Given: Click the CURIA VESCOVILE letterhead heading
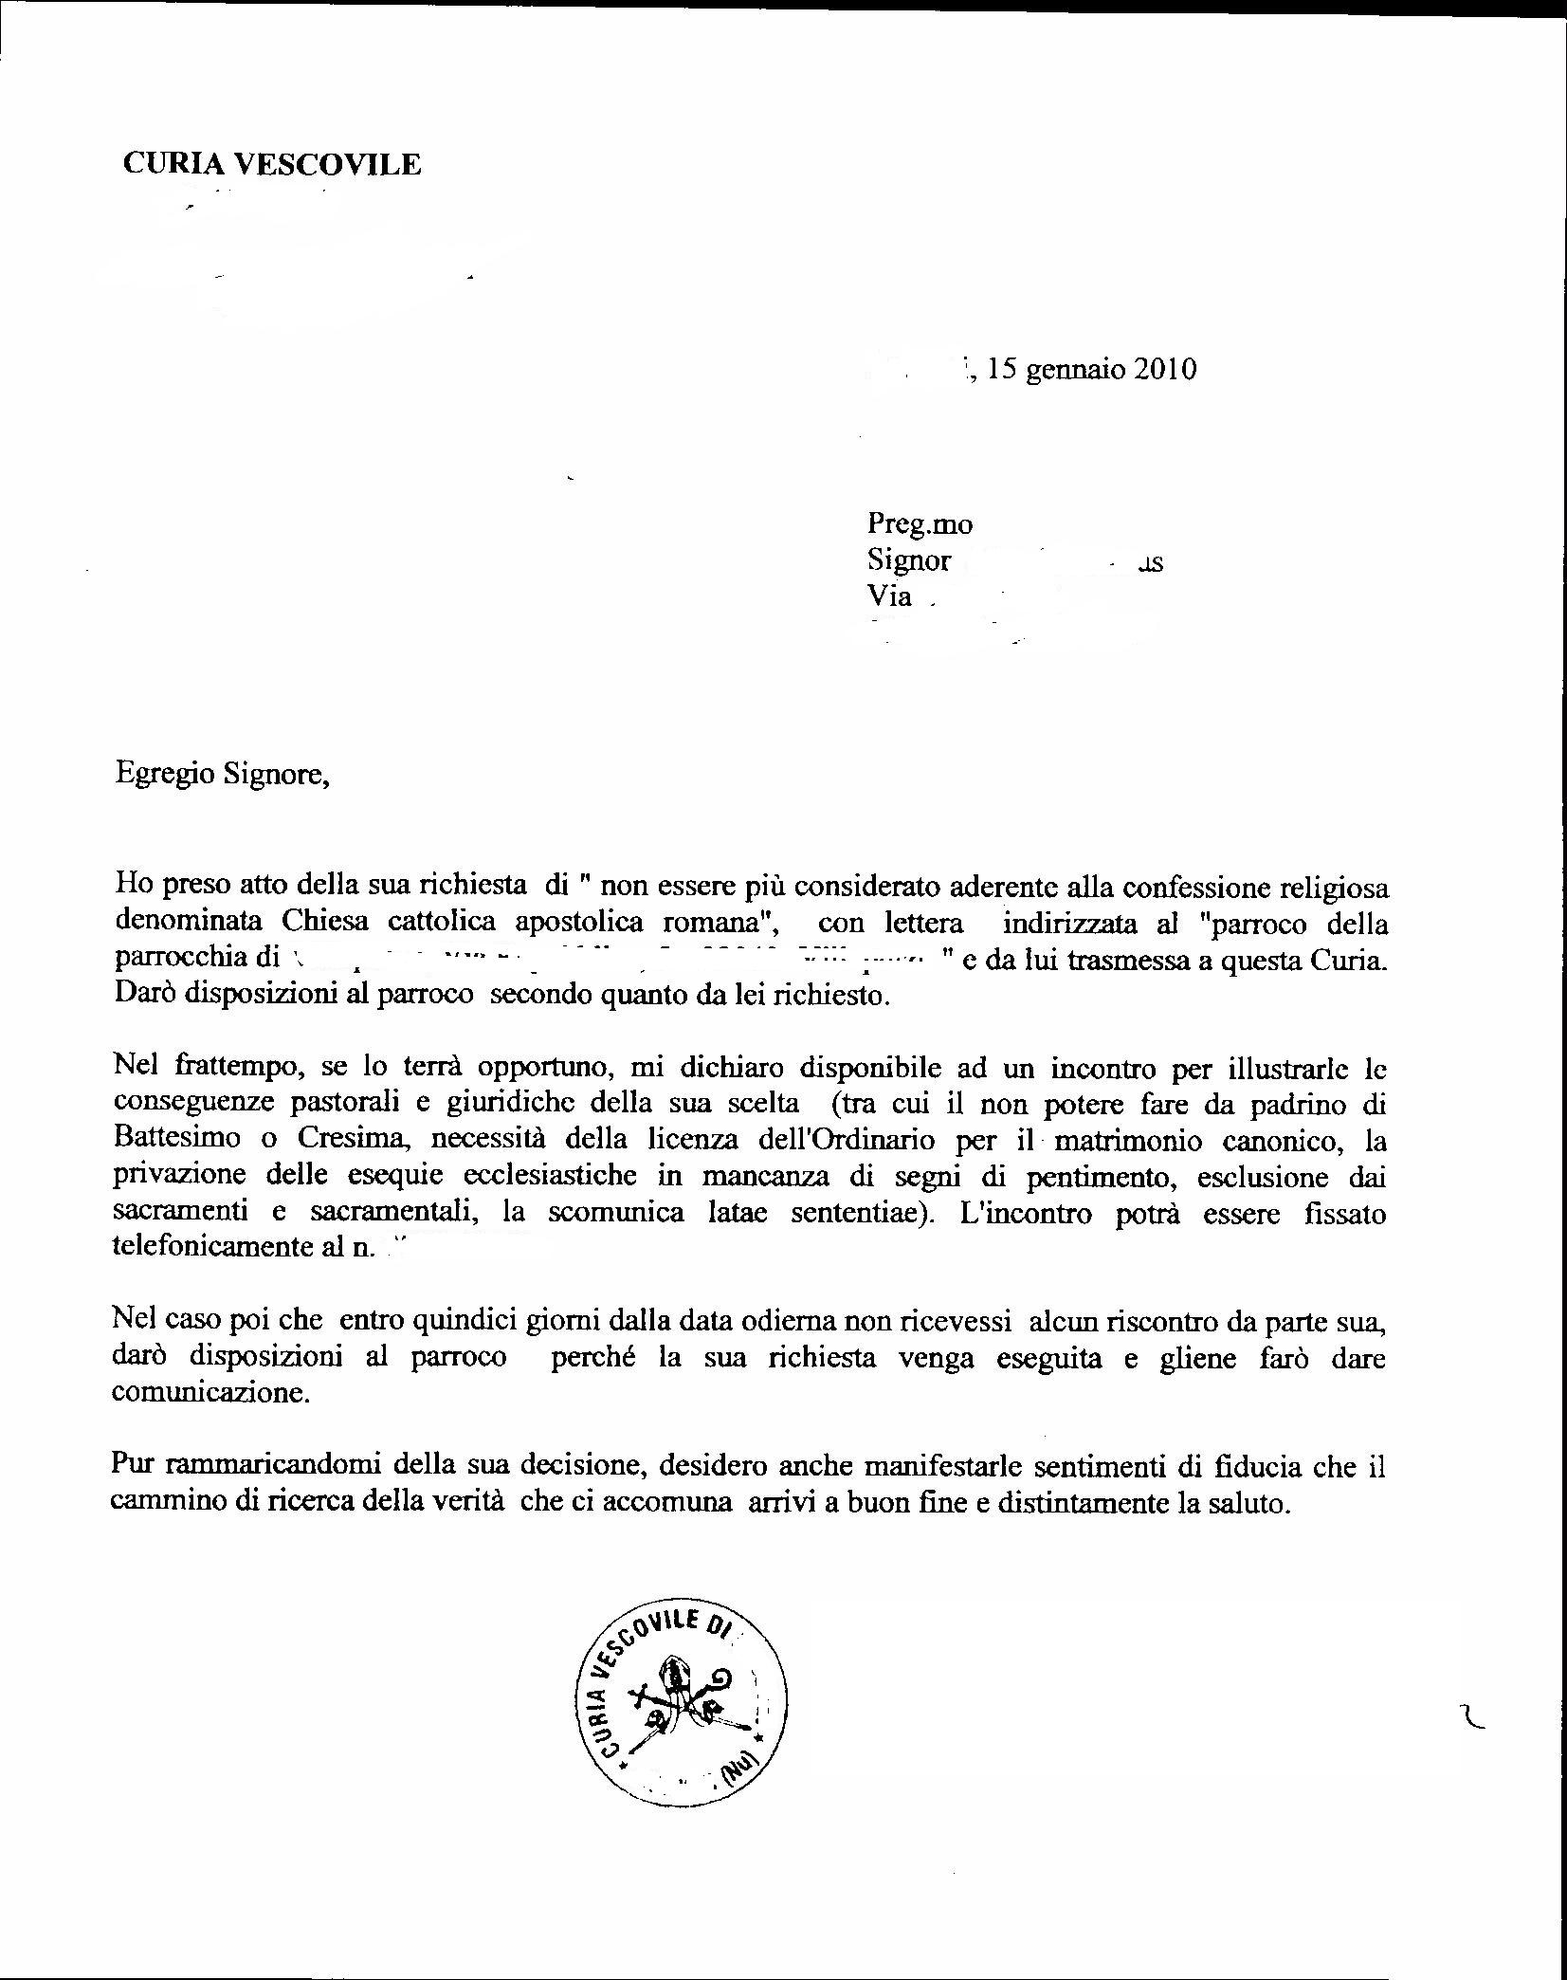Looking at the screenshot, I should [272, 165].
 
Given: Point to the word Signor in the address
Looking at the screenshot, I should [908, 560].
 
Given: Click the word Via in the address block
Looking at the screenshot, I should [889, 596].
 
